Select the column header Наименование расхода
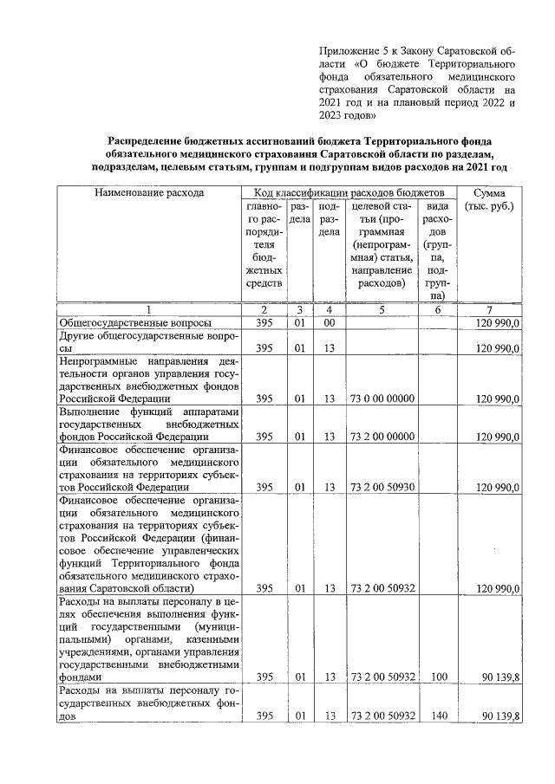[x=150, y=192]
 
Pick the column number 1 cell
[x=149, y=309]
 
